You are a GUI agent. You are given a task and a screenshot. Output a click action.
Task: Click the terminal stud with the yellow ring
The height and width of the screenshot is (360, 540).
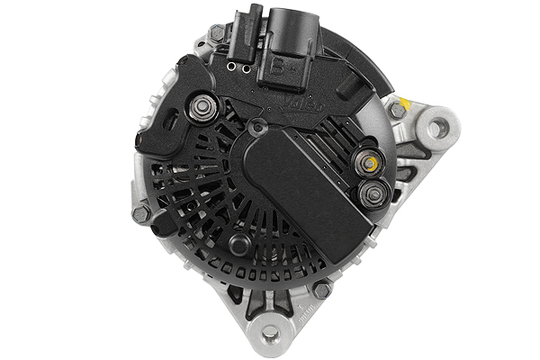coord(367,163)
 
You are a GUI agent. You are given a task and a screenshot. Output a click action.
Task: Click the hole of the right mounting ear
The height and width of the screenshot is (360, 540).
coord(436,127)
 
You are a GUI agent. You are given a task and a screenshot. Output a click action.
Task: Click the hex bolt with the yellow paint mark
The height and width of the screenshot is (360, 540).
coord(397,110)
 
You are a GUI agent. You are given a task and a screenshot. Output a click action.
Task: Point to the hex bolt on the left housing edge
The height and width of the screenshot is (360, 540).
coord(141,214)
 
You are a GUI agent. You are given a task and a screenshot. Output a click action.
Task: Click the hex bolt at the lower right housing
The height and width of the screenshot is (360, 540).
coord(321,290)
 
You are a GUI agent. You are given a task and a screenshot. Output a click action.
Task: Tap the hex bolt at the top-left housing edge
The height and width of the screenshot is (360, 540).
coord(216,34)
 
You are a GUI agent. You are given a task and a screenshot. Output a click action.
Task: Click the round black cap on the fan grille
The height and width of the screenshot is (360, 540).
coord(238,244)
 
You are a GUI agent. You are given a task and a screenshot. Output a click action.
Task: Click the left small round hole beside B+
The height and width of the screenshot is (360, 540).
coord(231,67)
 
